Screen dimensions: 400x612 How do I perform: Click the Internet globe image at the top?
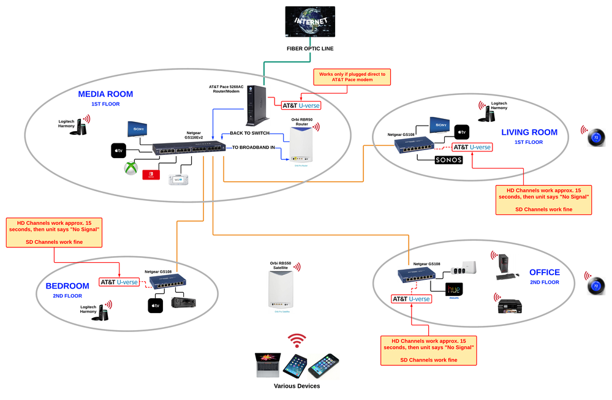(x=310, y=22)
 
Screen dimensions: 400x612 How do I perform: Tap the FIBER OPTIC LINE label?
(x=310, y=48)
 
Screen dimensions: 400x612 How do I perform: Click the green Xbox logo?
(x=130, y=168)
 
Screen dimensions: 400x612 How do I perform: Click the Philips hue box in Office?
(x=454, y=289)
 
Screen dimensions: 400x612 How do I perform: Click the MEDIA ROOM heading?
(x=105, y=94)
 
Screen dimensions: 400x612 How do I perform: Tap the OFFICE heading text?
(x=545, y=272)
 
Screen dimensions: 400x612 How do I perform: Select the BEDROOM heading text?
(x=67, y=286)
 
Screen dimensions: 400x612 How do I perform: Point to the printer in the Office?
(x=510, y=304)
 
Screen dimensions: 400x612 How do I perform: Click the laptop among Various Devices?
(x=267, y=364)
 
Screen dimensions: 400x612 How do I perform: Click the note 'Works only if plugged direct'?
(x=352, y=77)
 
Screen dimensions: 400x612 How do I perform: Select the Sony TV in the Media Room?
(x=137, y=129)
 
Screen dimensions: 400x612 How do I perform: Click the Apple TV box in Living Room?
(x=461, y=131)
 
